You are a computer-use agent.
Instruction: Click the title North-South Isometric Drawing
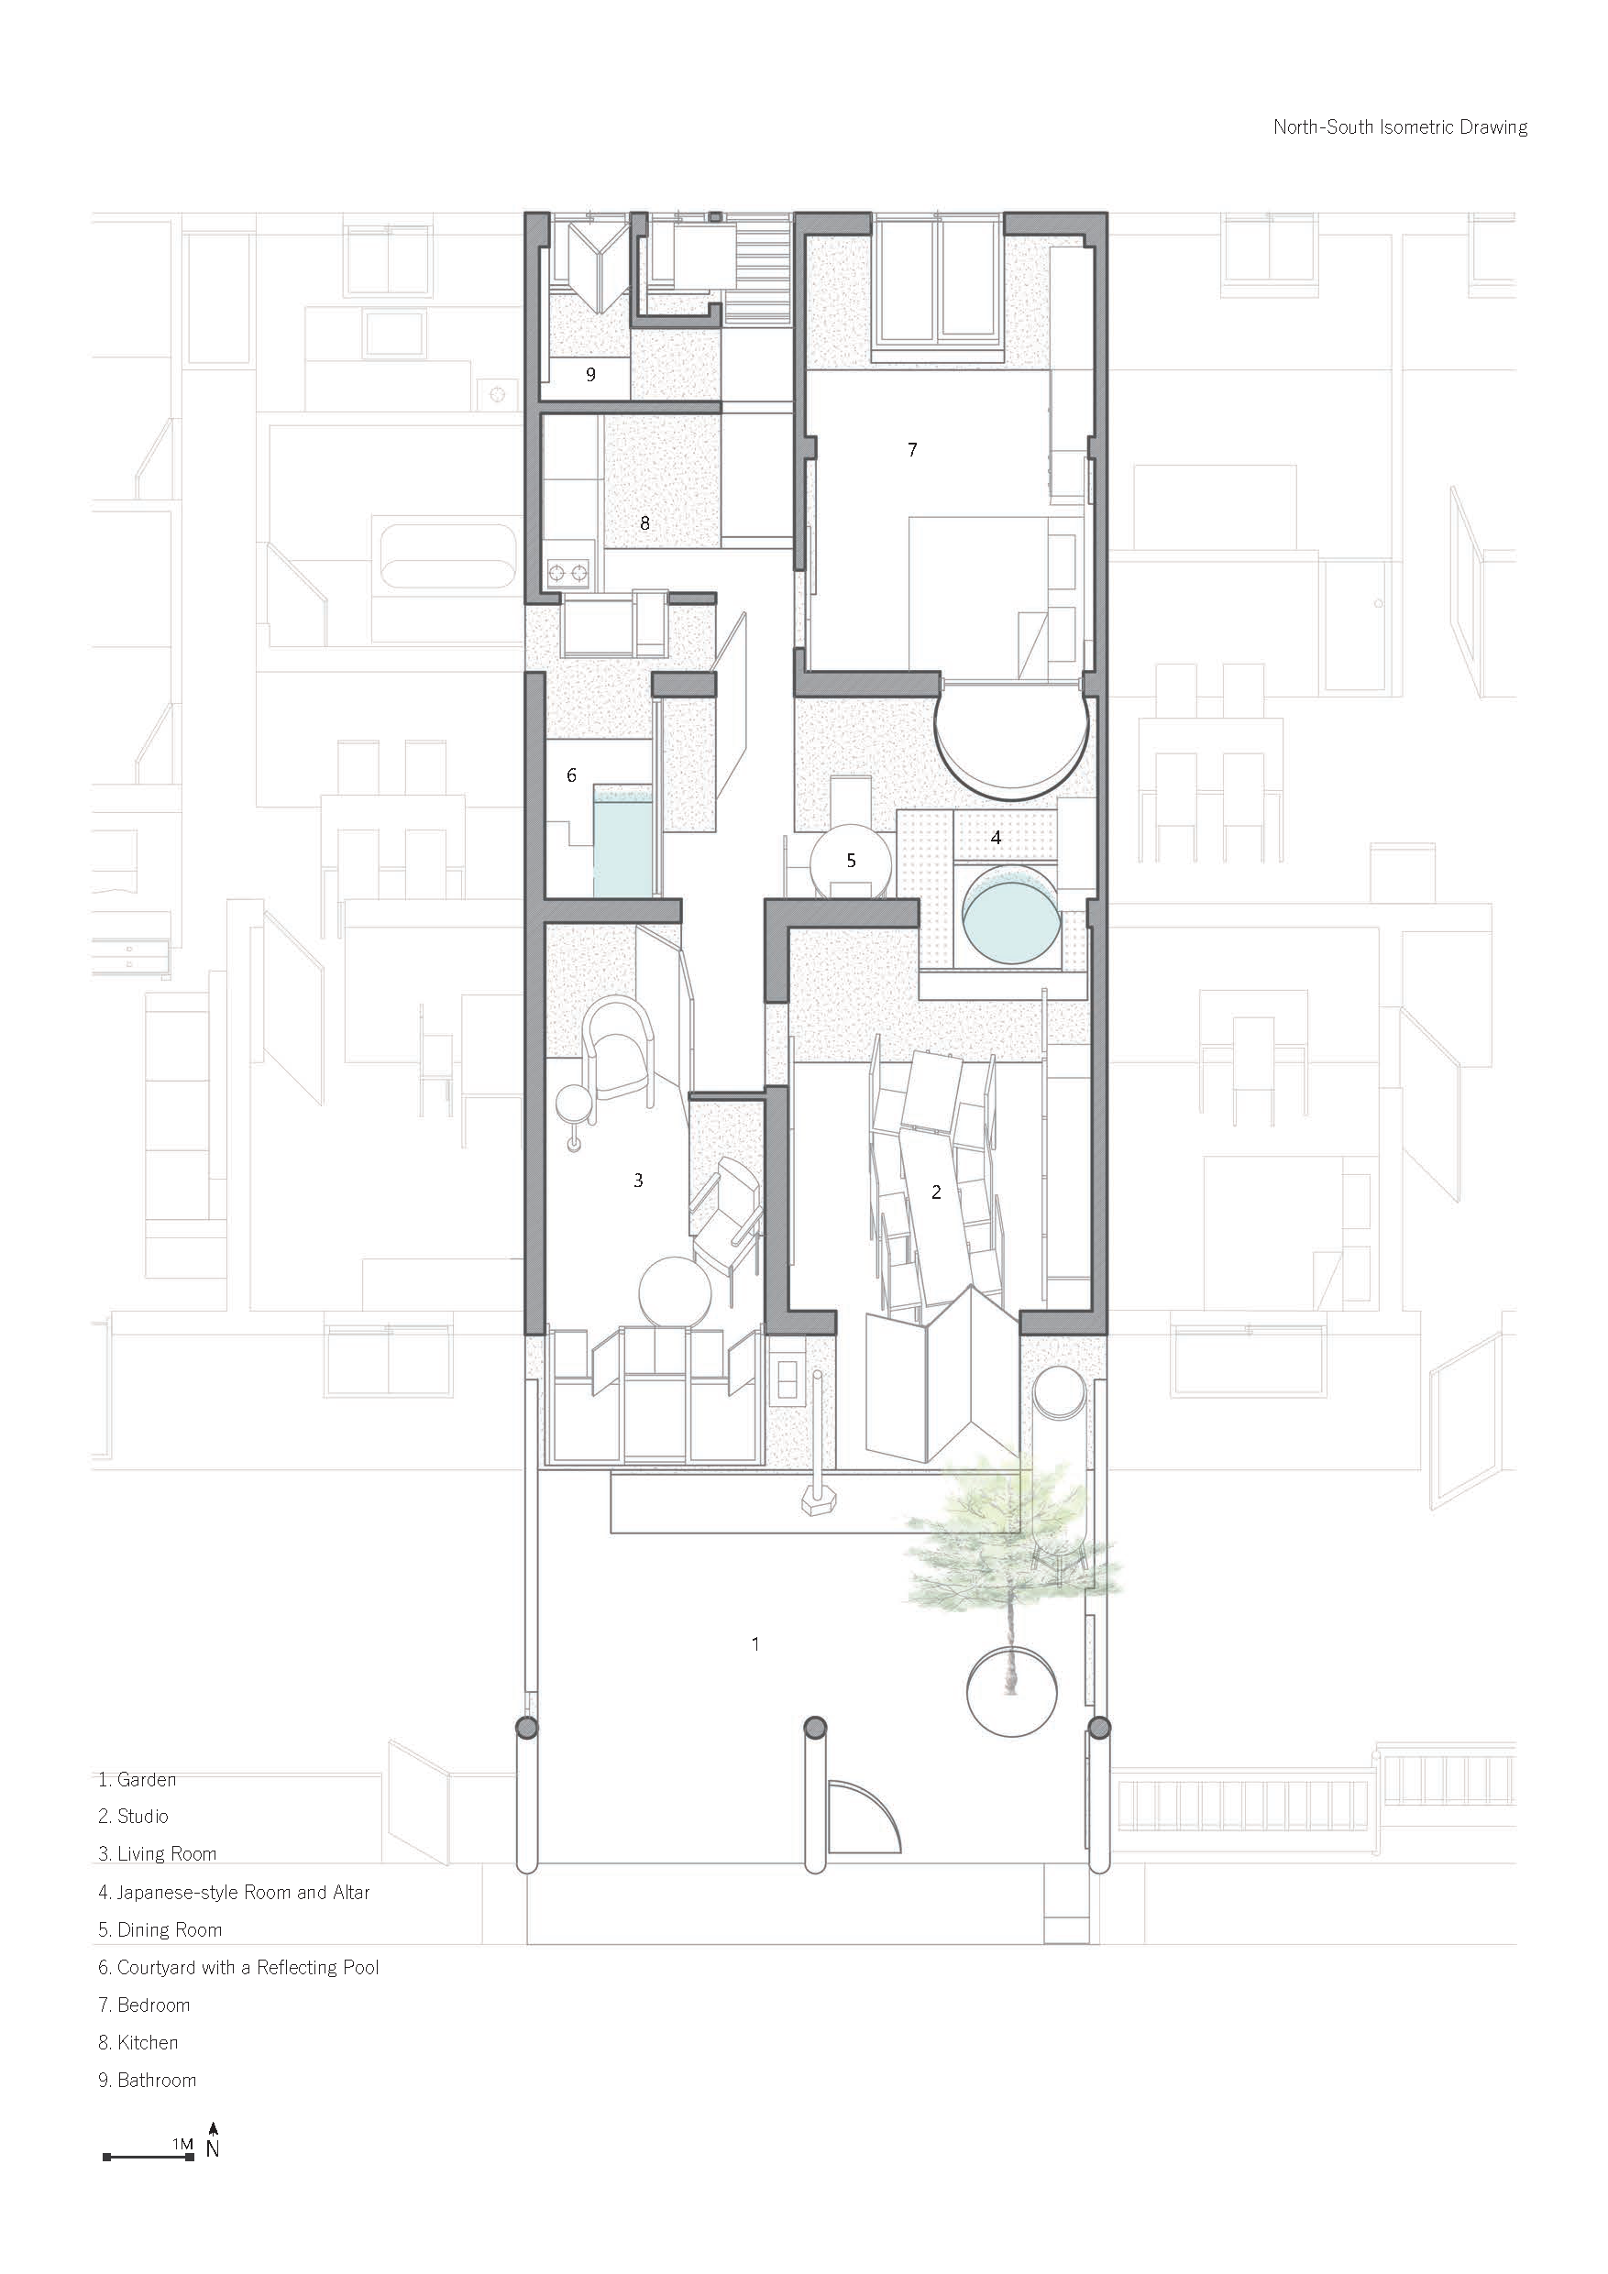coord(1400,126)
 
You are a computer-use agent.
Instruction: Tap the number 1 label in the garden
coord(756,1644)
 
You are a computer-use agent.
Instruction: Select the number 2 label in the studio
coord(936,1192)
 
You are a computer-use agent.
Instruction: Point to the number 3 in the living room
coord(639,1180)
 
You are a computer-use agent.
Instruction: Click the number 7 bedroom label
coord(912,450)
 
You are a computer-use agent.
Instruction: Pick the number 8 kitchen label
coord(645,523)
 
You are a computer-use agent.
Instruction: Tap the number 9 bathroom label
coord(590,374)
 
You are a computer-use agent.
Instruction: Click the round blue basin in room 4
coord(1011,914)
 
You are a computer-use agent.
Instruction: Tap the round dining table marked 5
coord(850,861)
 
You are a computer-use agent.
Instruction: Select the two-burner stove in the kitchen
coord(567,571)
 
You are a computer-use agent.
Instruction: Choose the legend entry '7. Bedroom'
coord(145,2005)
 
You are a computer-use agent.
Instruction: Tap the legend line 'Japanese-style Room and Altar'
coord(243,1892)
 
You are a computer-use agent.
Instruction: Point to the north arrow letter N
coord(213,2148)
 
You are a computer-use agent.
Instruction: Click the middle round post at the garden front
coord(814,1729)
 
